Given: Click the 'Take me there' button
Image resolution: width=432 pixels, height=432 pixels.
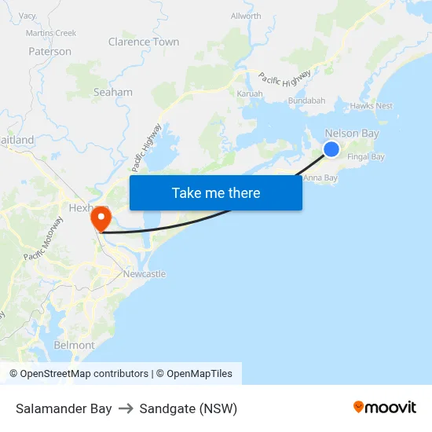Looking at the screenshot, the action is [216, 192].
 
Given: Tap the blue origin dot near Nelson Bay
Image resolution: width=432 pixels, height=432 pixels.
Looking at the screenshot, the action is [331, 149].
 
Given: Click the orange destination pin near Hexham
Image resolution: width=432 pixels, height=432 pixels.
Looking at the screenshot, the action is [101, 218].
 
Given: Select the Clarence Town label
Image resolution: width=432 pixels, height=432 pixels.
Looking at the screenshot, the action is [144, 42].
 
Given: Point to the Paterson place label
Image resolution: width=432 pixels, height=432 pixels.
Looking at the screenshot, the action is [49, 51].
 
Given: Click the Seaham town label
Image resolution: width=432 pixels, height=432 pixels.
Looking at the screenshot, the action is [113, 92].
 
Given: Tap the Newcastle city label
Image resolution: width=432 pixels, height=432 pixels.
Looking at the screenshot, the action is [145, 273].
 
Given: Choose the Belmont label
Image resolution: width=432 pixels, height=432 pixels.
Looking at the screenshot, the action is [74, 345].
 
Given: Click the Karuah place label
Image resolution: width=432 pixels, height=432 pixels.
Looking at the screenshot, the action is [250, 93].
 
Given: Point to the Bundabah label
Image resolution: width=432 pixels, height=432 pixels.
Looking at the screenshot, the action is [306, 101].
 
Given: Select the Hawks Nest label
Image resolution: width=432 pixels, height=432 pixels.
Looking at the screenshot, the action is [372, 105].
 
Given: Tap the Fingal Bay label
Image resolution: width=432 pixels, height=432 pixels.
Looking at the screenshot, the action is [366, 156].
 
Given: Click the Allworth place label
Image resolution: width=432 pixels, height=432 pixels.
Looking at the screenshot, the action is [246, 16].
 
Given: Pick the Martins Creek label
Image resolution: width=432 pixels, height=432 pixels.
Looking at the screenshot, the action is [51, 33].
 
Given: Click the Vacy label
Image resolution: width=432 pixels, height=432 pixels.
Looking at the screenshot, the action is [27, 16].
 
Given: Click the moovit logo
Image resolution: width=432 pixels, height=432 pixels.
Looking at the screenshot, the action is [385, 407].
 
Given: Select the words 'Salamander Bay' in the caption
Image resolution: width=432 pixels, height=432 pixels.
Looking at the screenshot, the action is [64, 408].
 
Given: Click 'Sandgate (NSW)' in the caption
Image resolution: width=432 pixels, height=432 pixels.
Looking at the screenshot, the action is [189, 408].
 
